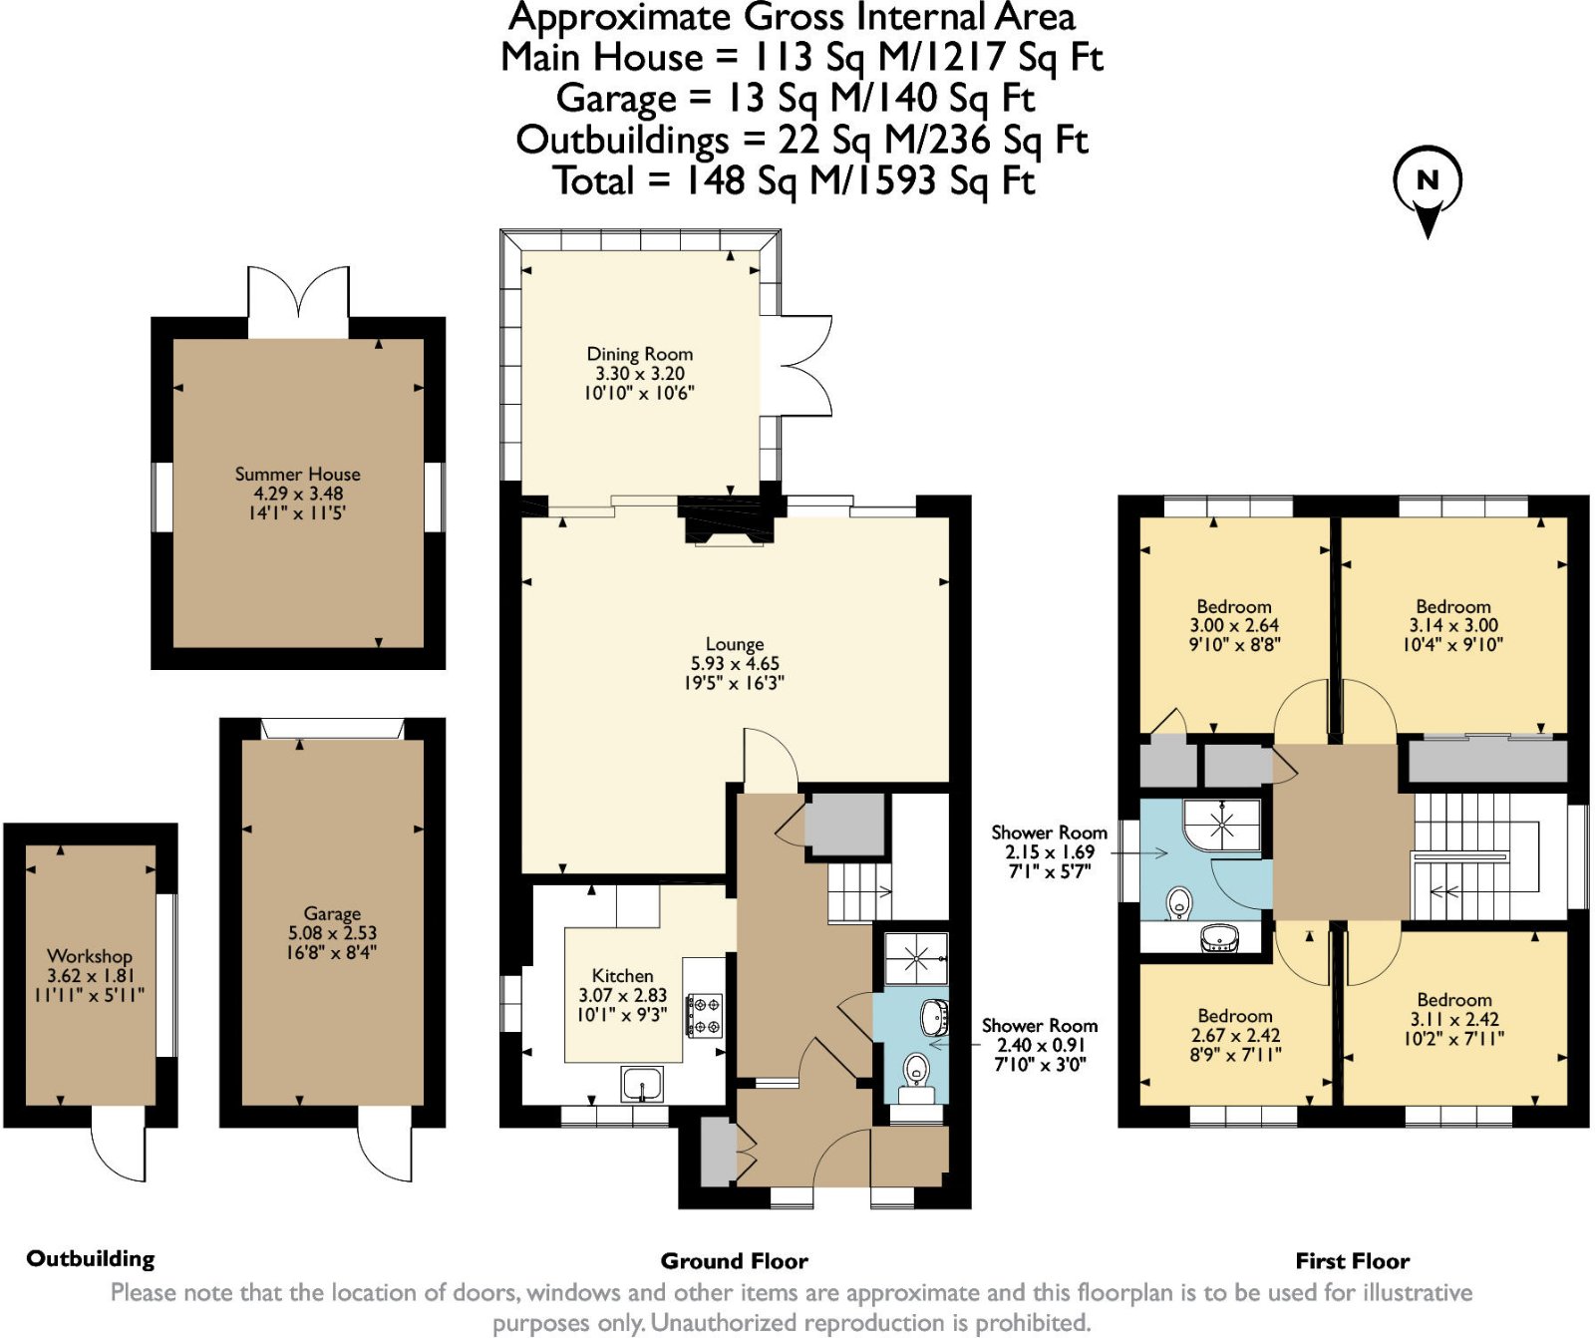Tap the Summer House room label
(x=297, y=475)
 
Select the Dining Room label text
(x=639, y=354)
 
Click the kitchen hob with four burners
(x=706, y=1015)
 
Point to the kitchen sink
(x=642, y=1083)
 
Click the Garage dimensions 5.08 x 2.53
(x=332, y=933)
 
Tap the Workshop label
(x=90, y=956)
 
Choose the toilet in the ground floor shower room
(x=915, y=1071)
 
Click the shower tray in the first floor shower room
(x=1222, y=824)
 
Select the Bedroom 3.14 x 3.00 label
(x=1453, y=607)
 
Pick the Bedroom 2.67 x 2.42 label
(x=1235, y=1016)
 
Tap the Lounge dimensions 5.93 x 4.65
(x=735, y=664)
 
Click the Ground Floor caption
(x=734, y=1261)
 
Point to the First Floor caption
(x=1352, y=1261)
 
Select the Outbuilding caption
(x=91, y=1258)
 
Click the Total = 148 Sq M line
(x=795, y=181)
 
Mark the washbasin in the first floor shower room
(x=1220, y=937)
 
